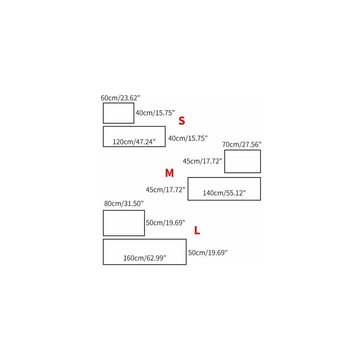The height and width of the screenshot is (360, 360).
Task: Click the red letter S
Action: click(181, 120)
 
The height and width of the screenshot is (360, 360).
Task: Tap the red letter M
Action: click(169, 173)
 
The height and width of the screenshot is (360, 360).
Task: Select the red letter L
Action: click(197, 230)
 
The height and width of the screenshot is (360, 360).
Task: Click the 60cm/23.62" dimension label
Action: click(120, 98)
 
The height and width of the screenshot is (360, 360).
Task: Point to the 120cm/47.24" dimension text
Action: click(134, 142)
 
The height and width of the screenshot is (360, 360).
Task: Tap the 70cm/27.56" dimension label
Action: click(242, 144)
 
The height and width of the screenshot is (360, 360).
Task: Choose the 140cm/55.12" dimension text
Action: click(224, 193)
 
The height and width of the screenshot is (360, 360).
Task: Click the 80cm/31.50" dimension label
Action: click(124, 203)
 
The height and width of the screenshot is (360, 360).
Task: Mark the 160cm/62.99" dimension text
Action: click(145, 258)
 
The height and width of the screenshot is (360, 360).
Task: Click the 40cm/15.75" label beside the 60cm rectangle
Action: click(155, 113)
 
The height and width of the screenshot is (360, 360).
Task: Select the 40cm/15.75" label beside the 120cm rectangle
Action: click(188, 138)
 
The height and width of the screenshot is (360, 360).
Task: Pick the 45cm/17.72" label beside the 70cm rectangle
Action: click(202, 161)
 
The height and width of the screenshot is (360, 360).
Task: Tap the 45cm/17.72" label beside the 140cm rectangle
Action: click(165, 190)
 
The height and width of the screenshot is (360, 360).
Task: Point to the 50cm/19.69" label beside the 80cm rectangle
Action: click(165, 223)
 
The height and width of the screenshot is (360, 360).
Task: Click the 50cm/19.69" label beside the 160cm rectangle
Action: click(208, 253)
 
